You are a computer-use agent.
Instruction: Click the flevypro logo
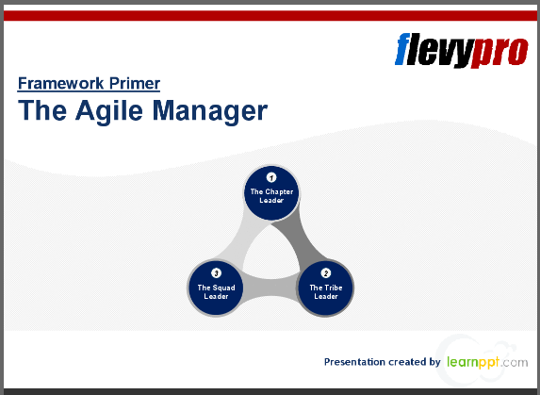point(460,49)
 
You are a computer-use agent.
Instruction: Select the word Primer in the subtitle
point(132,83)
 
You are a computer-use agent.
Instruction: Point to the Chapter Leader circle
point(271,192)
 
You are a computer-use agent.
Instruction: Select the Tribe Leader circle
point(326,288)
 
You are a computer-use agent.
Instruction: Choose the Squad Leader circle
point(217,288)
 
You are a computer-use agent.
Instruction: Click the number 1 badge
point(271,177)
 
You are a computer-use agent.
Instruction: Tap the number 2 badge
point(326,272)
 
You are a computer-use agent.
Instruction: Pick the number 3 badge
point(217,272)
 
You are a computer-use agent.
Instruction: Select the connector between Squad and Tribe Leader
point(271,294)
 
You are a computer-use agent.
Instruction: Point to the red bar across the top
point(270,16)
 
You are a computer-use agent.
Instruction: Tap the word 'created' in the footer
point(408,361)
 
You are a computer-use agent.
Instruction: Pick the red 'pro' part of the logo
point(499,49)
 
